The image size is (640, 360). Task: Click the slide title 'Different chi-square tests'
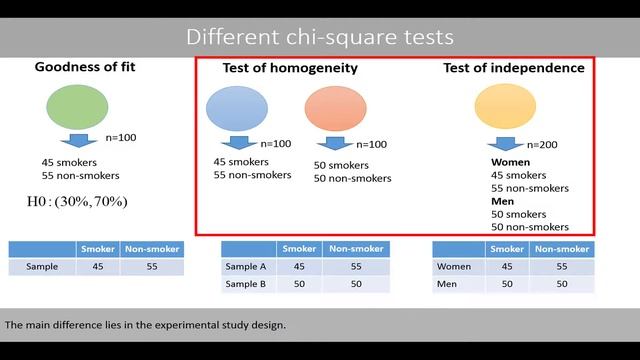click(319, 37)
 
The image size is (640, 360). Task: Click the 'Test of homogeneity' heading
click(289, 69)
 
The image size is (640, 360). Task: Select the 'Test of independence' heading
click(514, 68)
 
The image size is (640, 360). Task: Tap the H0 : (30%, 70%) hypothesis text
click(77, 202)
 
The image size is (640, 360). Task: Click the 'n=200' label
click(542, 144)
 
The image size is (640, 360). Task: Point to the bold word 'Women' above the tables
click(510, 161)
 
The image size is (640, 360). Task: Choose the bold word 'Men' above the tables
click(502, 201)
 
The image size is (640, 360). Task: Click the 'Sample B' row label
click(246, 285)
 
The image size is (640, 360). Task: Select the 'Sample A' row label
click(246, 267)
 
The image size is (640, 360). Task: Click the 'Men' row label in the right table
click(448, 285)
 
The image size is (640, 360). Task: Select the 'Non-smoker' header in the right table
click(561, 249)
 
